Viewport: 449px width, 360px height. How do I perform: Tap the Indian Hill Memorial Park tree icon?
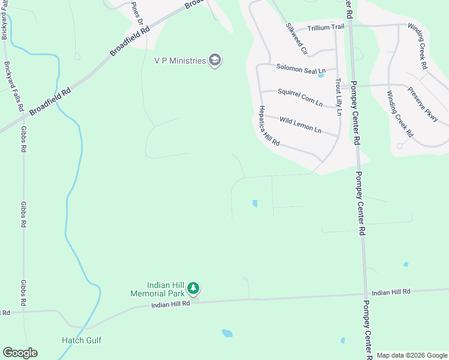(193, 289)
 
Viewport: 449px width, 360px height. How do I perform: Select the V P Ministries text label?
(179, 60)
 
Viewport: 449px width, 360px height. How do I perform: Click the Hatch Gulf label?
(82, 340)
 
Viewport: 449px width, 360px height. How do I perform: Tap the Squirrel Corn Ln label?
(300, 96)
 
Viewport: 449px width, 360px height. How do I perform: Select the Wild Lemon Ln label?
(300, 125)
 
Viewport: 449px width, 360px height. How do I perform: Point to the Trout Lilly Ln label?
(339, 96)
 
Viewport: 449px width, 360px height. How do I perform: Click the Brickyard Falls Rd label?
(13, 87)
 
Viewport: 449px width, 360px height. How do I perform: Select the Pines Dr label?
(137, 13)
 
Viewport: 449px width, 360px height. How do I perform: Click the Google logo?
(20, 353)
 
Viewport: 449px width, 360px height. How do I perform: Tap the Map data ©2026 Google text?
(412, 355)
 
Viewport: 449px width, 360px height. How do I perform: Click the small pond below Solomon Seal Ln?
(321, 76)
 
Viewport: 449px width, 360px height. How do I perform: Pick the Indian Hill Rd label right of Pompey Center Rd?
(390, 292)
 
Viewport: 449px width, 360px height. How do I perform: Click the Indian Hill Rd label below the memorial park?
(170, 305)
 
